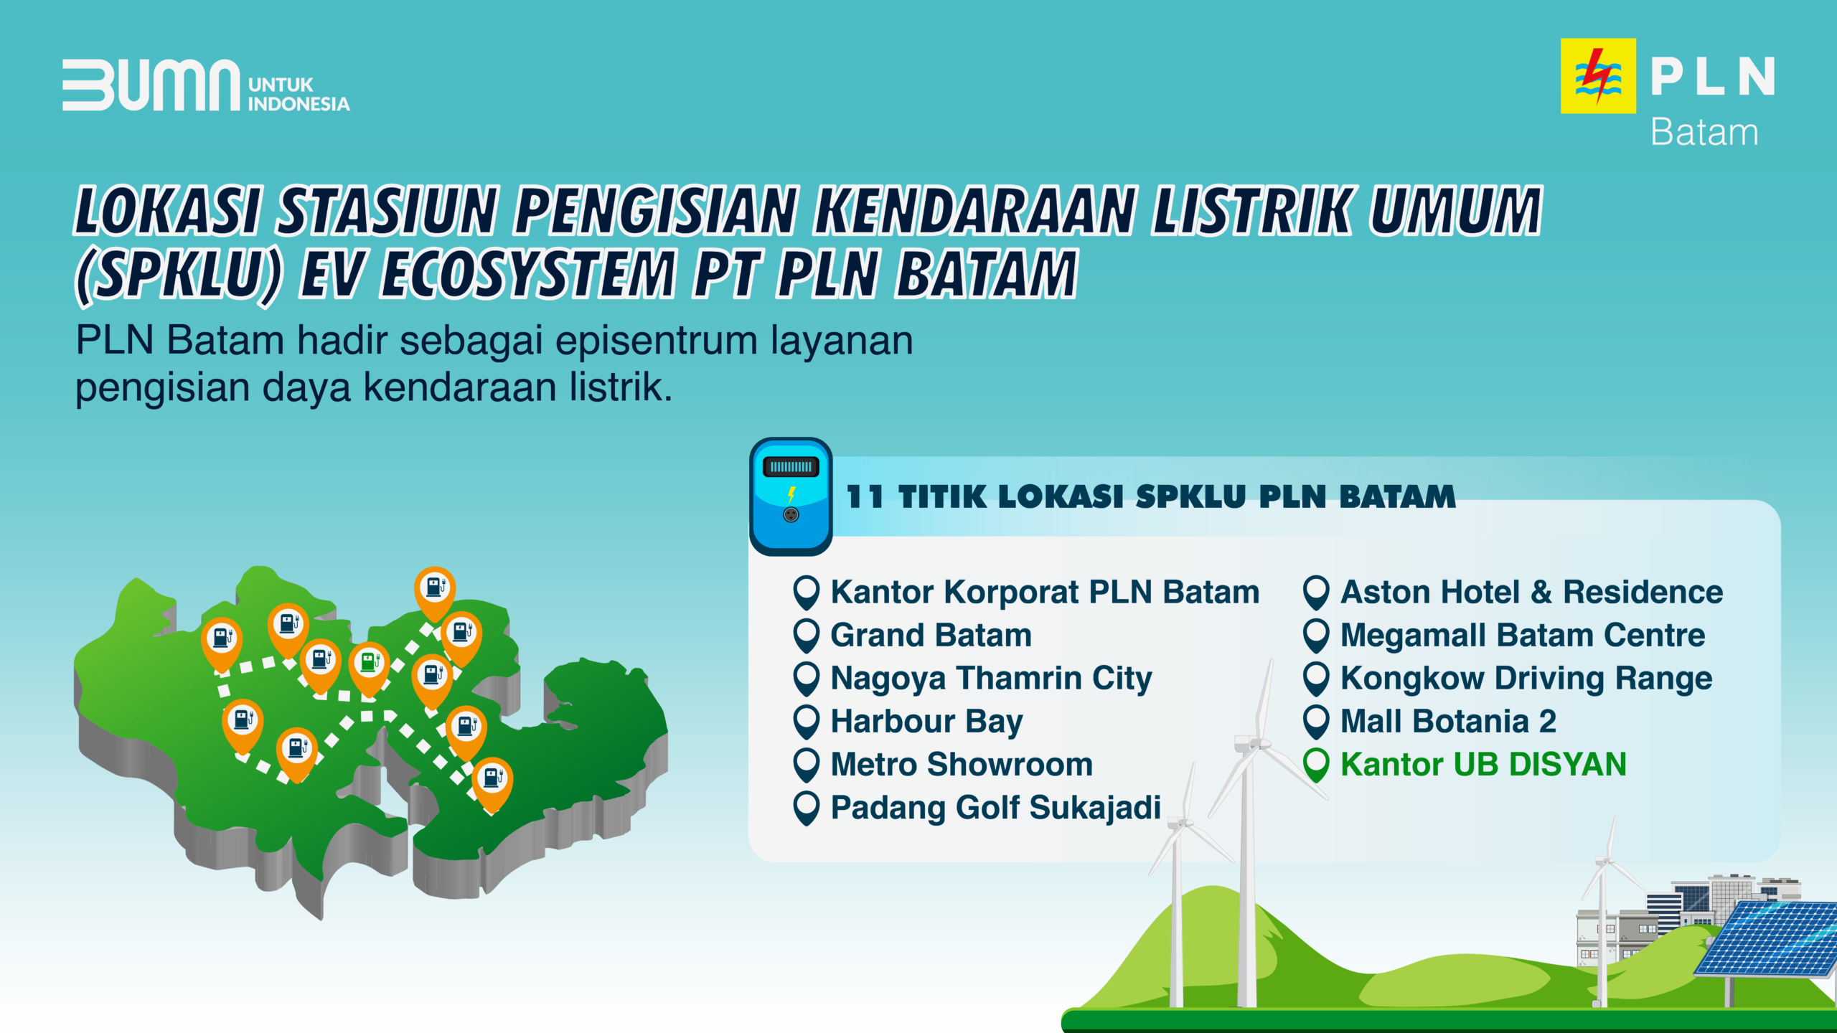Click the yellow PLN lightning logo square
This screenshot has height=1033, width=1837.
tap(1598, 75)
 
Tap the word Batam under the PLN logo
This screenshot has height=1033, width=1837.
tap(1704, 133)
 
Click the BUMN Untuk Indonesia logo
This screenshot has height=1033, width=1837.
tap(206, 85)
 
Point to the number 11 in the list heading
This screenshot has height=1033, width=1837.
tap(865, 496)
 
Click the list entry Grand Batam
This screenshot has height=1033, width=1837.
tap(931, 636)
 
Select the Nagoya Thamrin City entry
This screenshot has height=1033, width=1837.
tap(991, 679)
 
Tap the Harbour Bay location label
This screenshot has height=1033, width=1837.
tap(926, 722)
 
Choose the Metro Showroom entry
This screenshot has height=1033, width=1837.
tap(962, 765)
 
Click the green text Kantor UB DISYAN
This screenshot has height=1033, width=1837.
tap(1483, 765)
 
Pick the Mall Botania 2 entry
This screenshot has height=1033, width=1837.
tap(1448, 722)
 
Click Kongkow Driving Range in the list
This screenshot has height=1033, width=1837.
tap(1526, 679)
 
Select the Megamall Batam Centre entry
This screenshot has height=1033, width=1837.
tap(1523, 636)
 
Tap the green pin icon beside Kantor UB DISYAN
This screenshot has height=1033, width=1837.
tap(1317, 765)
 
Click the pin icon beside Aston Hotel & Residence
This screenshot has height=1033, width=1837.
tap(1317, 593)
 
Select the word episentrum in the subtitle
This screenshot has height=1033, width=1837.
tap(657, 341)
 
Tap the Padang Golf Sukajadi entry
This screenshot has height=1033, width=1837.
tap(995, 808)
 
